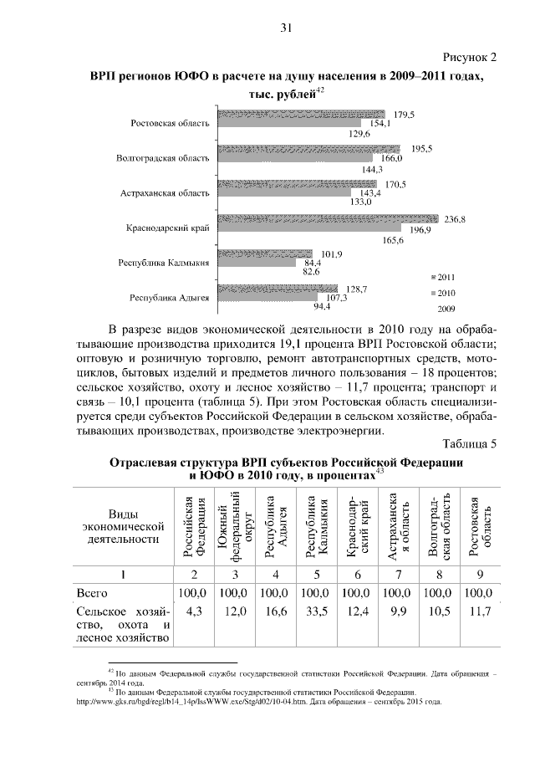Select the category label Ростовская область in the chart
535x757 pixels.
(170, 124)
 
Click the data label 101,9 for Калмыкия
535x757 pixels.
(333, 254)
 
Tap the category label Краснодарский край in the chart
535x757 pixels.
(167, 227)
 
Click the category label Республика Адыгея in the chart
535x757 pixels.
(169, 296)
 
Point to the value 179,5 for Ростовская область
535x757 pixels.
(405, 114)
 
